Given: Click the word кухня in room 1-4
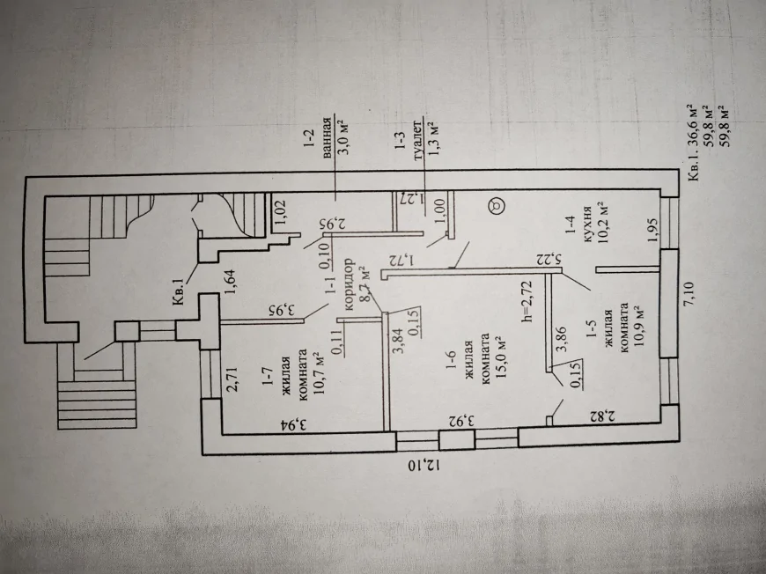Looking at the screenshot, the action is click(x=586, y=226).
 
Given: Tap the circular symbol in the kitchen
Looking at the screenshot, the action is click(x=497, y=205).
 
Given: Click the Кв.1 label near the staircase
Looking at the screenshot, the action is click(x=180, y=291).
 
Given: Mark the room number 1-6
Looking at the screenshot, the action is click(x=451, y=359).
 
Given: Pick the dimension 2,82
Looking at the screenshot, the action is click(x=601, y=416).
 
